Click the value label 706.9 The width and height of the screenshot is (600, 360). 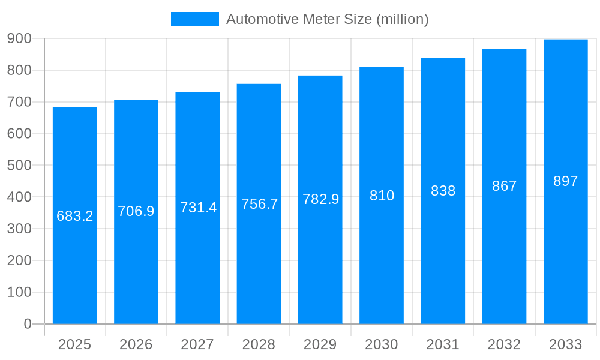pos(136,211)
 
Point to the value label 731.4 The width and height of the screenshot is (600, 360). pos(198,208)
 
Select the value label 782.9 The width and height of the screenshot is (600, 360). pos(320,199)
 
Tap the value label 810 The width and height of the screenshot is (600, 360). pos(382,196)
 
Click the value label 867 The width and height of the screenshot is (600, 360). pos(504,186)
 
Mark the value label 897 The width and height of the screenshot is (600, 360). pos(565,181)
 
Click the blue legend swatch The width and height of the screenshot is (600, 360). pos(195,19)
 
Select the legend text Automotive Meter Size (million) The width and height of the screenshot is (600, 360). pos(327,19)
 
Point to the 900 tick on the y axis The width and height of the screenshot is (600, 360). pos(20,38)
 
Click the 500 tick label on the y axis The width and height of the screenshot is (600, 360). pos(20,165)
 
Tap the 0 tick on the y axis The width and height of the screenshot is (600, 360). pos(28,324)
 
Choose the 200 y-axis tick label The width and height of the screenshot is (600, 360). pos(20,260)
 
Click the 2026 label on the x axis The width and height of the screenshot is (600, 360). pos(136,344)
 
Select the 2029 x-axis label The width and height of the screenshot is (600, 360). pos(320,344)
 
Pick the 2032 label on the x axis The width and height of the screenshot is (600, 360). pos(504,344)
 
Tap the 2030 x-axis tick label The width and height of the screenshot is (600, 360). pos(382,344)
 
